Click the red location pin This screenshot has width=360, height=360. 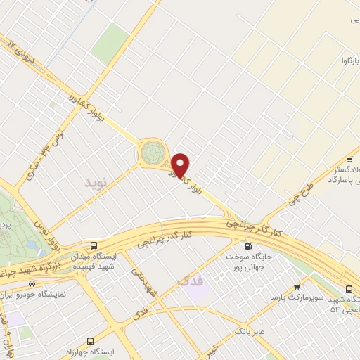181,165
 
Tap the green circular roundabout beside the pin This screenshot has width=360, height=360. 150,152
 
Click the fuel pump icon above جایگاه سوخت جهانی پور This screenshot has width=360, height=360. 247,247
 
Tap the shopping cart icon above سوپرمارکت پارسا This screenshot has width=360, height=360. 297,287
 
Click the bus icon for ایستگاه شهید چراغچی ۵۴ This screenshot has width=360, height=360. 349,288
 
